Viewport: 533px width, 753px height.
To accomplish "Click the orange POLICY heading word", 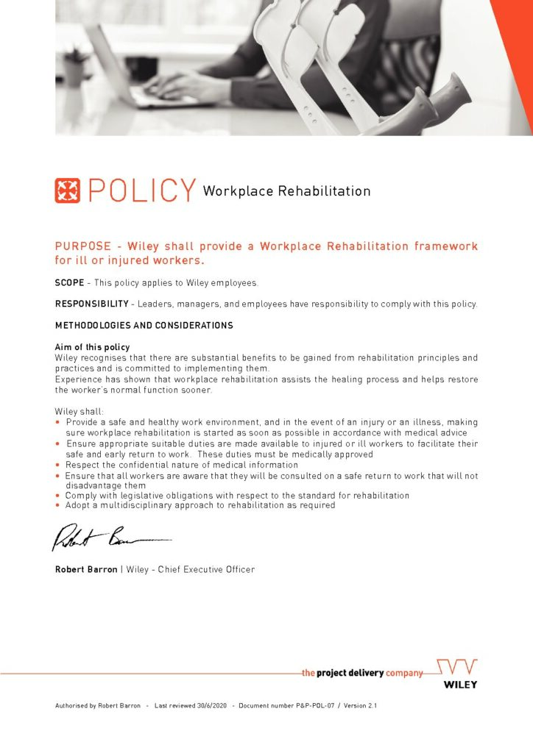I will (x=142, y=190).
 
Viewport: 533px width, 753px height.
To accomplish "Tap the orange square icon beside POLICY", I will (x=68, y=190).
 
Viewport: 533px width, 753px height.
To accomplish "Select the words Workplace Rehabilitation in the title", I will (x=286, y=191).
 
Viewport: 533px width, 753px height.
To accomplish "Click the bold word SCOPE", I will (x=69, y=283).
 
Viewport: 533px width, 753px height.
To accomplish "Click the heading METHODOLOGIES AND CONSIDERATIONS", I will (x=144, y=326).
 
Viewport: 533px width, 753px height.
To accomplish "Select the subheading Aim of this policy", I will (x=92, y=347).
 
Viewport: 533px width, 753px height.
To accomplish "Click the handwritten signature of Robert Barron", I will (x=110, y=540).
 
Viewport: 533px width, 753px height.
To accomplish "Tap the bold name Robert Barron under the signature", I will (x=86, y=569).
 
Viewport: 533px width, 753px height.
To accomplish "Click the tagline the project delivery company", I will (x=363, y=672).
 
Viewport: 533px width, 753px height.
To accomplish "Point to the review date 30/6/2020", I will (x=211, y=706).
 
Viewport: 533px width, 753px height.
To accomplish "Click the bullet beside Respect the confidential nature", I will (x=58, y=465).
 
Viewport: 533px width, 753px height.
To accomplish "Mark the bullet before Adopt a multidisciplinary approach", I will (x=58, y=506).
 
